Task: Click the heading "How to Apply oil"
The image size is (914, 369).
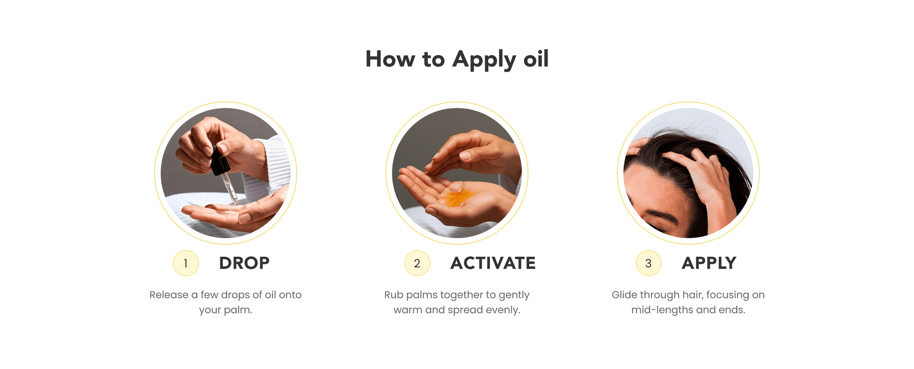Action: pos(457,59)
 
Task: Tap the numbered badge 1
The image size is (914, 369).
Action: pos(186,263)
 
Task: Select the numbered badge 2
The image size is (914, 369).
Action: pos(417,263)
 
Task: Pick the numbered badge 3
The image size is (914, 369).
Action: pos(649,263)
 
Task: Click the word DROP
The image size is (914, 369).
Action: pos(244,263)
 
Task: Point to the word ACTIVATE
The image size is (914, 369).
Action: pos(493,263)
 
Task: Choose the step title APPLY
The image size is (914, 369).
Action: pos(709,263)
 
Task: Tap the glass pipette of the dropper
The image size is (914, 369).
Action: pos(230,189)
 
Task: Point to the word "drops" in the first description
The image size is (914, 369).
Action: pos(235,295)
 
